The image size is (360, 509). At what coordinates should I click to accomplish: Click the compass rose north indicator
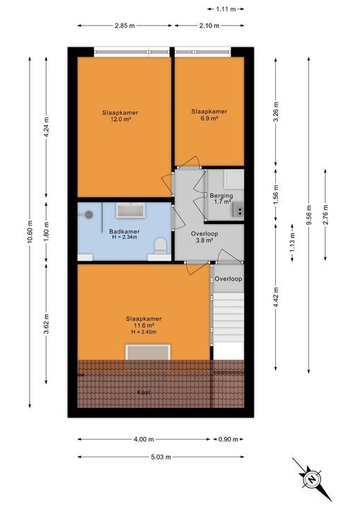click(310, 479)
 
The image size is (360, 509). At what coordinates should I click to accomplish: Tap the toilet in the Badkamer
click(161, 246)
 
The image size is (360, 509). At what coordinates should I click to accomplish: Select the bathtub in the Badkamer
click(131, 210)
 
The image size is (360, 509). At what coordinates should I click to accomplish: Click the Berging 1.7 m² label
click(221, 199)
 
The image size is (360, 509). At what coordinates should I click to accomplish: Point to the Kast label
click(144, 392)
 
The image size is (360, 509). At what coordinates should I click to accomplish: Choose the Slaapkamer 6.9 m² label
click(209, 115)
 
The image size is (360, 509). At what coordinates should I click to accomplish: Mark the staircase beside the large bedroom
click(227, 315)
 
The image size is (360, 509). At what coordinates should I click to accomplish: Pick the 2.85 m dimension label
click(124, 26)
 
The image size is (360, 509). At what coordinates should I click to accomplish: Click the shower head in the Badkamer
click(89, 214)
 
